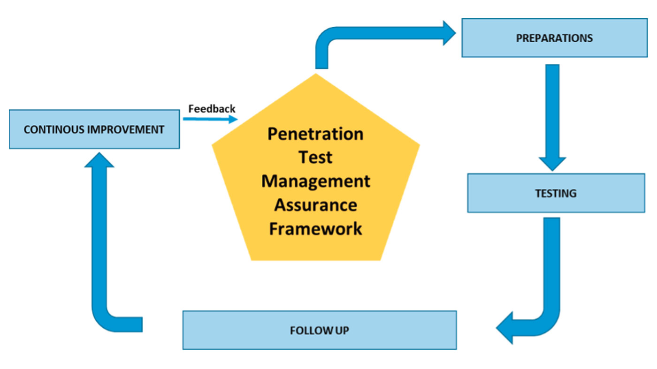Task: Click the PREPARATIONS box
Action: click(555, 38)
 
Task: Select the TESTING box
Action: click(556, 193)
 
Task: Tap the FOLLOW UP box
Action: click(320, 330)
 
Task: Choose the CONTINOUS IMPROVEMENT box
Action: click(94, 129)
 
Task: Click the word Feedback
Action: click(212, 109)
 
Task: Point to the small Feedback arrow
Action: click(210, 119)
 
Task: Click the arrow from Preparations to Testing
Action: click(552, 117)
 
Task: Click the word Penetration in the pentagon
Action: click(315, 134)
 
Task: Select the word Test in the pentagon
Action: click(315, 158)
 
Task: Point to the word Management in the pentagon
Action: click(316, 181)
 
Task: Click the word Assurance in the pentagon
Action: click(316, 205)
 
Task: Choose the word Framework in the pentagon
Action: click(315, 229)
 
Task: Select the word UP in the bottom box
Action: click(342, 331)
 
